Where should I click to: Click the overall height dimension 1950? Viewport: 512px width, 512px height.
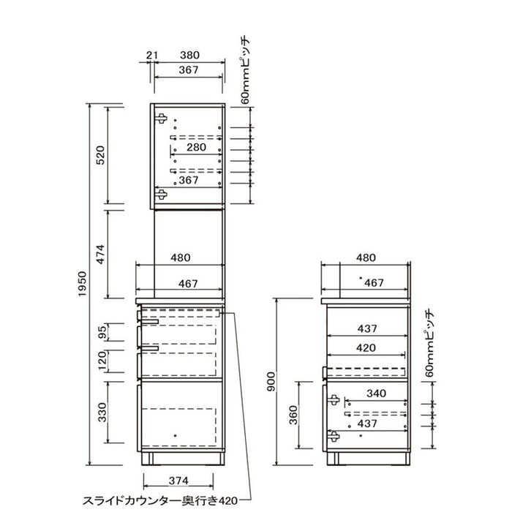[82, 284]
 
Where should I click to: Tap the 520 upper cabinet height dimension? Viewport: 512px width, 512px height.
[101, 155]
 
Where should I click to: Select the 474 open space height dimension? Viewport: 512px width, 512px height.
[101, 255]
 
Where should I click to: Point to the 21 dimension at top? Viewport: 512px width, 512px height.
[151, 55]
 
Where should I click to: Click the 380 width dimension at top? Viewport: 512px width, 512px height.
[189, 55]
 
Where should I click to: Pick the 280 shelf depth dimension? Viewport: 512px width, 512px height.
[196, 147]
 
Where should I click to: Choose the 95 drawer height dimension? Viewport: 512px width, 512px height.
[102, 333]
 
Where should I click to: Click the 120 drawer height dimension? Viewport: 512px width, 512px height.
[102, 361]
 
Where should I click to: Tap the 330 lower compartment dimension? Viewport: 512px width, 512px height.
[102, 412]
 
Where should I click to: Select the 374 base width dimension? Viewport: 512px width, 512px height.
[178, 481]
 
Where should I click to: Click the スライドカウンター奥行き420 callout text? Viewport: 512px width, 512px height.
[160, 500]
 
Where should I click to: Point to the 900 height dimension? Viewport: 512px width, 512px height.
[271, 382]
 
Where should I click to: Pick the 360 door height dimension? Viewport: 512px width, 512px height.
[294, 415]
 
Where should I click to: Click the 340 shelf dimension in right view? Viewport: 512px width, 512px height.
[376, 394]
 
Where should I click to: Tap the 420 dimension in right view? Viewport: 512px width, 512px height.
[366, 347]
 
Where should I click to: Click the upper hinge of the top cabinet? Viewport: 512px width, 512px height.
[161, 118]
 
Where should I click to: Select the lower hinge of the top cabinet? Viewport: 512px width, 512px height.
[161, 195]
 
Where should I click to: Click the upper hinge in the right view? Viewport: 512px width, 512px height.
[334, 399]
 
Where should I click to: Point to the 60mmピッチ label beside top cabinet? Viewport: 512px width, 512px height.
[246, 71]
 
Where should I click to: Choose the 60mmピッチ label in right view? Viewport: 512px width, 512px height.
[430, 345]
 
